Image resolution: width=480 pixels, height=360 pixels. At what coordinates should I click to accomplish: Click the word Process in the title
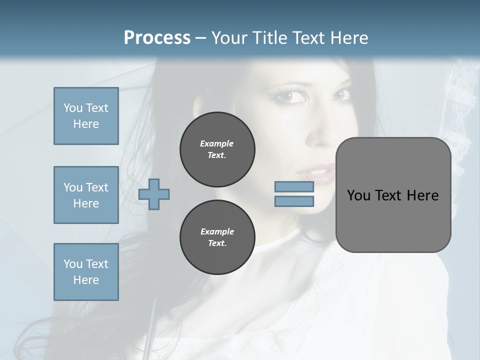tap(157, 38)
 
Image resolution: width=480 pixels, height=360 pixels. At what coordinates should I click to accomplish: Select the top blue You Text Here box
tap(86, 116)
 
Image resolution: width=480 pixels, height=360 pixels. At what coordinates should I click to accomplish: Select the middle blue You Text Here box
tap(86, 195)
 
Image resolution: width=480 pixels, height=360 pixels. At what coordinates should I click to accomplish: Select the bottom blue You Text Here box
tap(86, 271)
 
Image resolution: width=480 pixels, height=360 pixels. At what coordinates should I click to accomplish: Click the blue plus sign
tap(154, 194)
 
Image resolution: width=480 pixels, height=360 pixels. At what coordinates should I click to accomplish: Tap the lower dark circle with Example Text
tap(217, 237)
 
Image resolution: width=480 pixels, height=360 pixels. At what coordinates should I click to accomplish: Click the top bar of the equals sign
tap(294, 187)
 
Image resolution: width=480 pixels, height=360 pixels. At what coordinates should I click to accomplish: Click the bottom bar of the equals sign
tap(294, 201)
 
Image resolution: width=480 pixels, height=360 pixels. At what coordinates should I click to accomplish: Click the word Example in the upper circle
tap(216, 143)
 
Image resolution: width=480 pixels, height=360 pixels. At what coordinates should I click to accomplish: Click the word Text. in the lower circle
tap(217, 243)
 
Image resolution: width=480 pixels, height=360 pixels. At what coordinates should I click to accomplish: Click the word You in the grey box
tap(359, 195)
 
